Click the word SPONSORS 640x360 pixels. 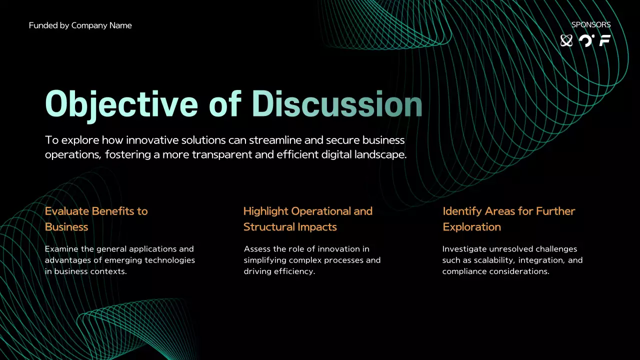590,24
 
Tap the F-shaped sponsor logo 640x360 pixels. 605,40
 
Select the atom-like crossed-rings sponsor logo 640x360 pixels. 566,40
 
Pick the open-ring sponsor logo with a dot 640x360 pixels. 586,40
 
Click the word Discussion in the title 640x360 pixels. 336,104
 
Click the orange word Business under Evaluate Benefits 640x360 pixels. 66,227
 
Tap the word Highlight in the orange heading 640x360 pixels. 265,211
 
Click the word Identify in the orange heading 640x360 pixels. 461,211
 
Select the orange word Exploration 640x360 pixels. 471,227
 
